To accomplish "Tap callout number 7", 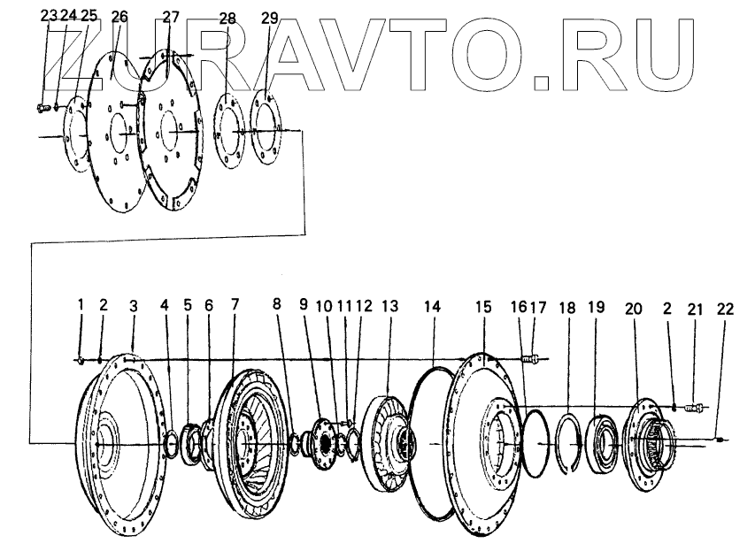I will click(235, 305).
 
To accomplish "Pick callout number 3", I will click(133, 305).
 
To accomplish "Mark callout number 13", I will click(390, 305).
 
